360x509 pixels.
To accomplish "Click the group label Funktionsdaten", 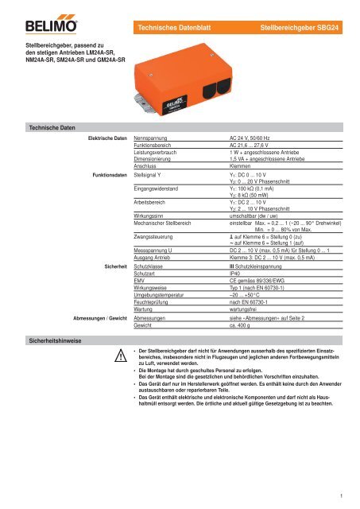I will tap(106, 173).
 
